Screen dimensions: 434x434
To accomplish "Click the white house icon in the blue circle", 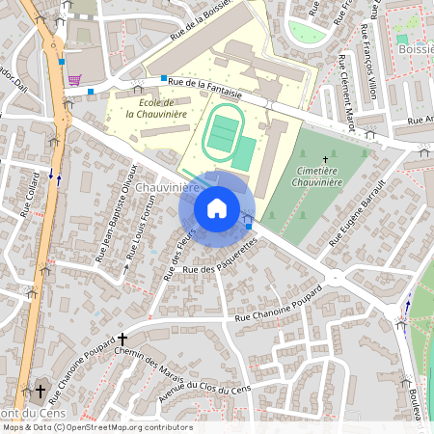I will pyautogui.click(x=217, y=208).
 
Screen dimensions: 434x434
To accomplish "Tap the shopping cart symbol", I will pyautogui.click(x=74, y=81).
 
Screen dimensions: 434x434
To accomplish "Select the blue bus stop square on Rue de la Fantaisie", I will pyautogui.click(x=164, y=77).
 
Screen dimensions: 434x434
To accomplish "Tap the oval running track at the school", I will pyautogui.click(x=223, y=133).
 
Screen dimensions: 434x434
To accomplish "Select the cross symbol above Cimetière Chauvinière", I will pyautogui.click(x=325, y=159).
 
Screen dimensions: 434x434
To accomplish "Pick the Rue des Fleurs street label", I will pyautogui.click(x=180, y=254).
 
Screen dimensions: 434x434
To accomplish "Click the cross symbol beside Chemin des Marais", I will pyautogui.click(x=122, y=339).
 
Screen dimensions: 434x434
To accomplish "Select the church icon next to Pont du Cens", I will pyautogui.click(x=40, y=392).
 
